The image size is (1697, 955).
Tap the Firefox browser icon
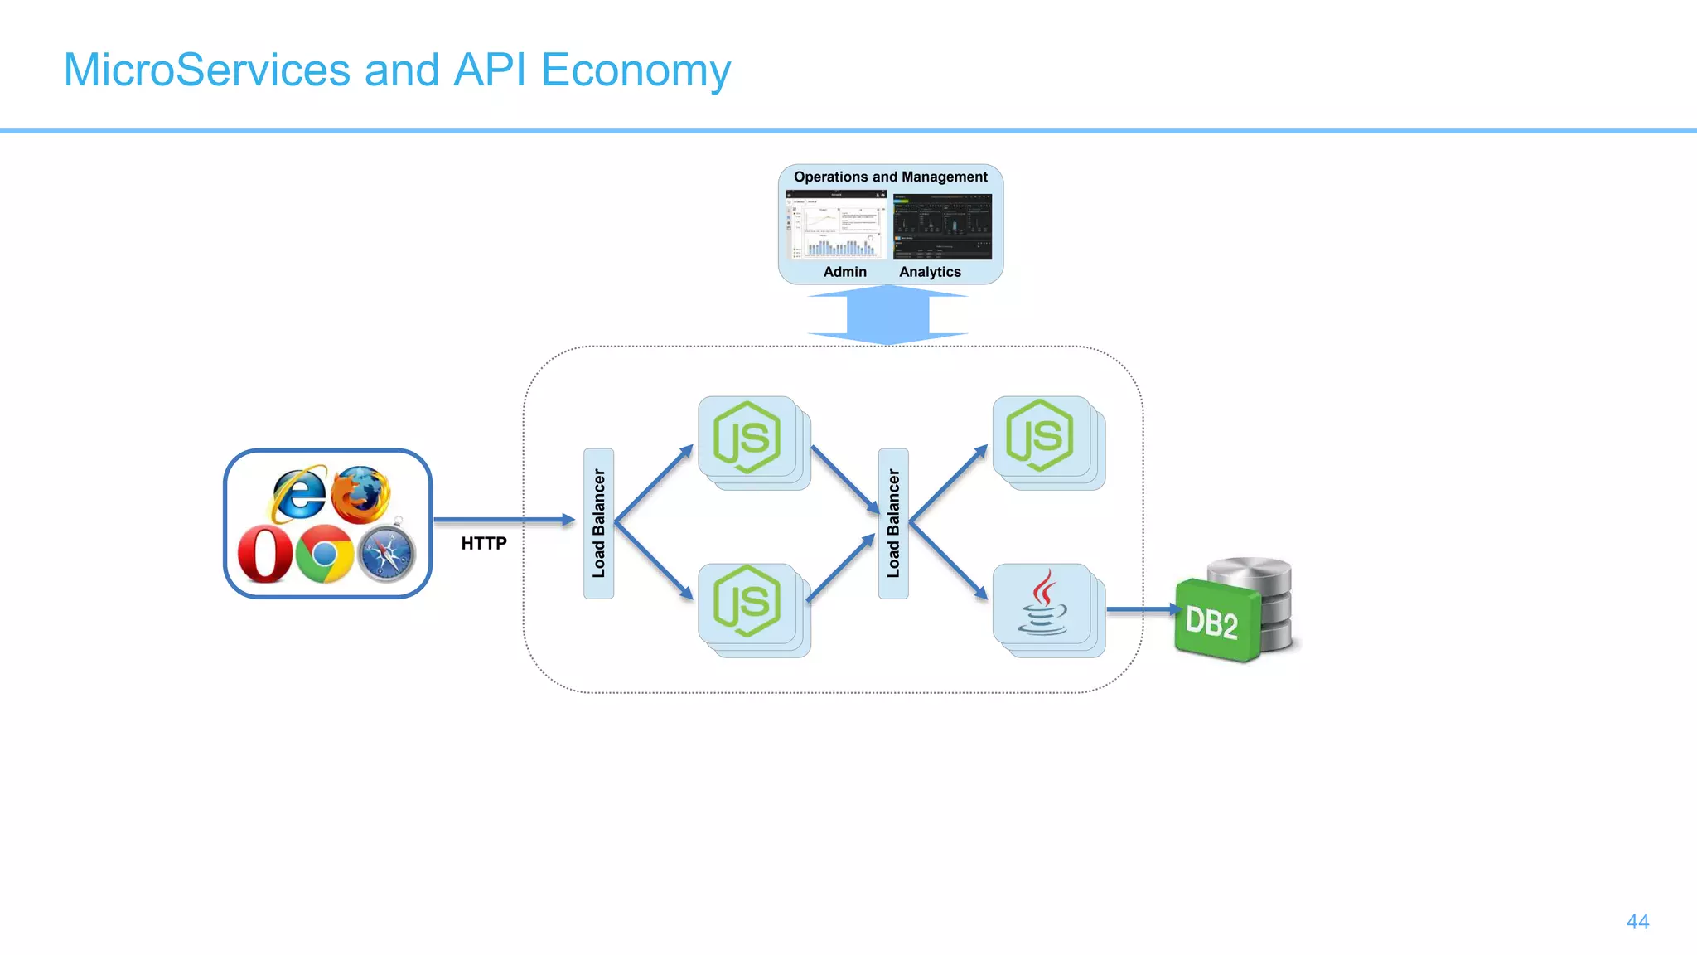(x=361, y=494)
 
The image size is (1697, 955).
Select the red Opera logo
(x=264, y=555)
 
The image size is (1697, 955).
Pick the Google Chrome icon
(x=325, y=554)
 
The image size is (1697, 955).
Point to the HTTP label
(x=484, y=543)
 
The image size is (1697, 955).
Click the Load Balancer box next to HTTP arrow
(x=598, y=523)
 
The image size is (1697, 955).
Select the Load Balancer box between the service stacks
(x=893, y=523)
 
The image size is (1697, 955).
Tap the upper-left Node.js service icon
(x=747, y=438)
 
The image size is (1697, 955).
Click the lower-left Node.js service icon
(x=747, y=602)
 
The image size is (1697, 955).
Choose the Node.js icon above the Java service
(x=1041, y=436)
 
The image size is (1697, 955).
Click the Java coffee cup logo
(x=1042, y=603)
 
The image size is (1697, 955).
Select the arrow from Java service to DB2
(x=1142, y=609)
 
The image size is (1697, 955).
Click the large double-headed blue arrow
(x=888, y=315)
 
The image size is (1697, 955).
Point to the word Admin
(x=844, y=272)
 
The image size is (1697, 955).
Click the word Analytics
(x=930, y=272)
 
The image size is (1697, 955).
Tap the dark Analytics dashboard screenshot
(x=941, y=227)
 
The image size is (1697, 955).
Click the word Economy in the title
(x=636, y=70)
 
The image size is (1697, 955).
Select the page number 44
(x=1637, y=922)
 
